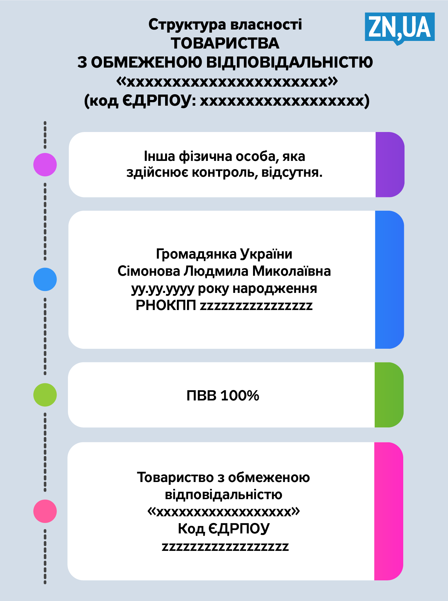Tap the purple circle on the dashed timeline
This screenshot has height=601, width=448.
pos(45,165)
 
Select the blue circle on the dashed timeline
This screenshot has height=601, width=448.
pos(45,279)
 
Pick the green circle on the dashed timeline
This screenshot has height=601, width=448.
pos(45,395)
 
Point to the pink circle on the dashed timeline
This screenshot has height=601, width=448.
pos(45,511)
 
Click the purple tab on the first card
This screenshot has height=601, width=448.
pos(390,165)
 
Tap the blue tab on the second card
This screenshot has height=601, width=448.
pos(389,280)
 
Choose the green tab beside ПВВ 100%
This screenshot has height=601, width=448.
pos(389,395)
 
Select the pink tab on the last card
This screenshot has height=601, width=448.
pos(389,511)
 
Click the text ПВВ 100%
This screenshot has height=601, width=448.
pos(223,396)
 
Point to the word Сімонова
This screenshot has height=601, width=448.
pos(149,271)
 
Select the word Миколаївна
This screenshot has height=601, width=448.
pos(291,271)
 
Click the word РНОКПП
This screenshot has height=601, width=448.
pos(166,306)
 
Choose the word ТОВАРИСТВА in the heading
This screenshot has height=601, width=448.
pos(225,43)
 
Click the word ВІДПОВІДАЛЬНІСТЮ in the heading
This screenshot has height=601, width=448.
pos(289,62)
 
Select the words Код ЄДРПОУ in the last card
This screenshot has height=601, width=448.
pos(224,529)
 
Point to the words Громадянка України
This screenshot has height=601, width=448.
pos(224,254)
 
